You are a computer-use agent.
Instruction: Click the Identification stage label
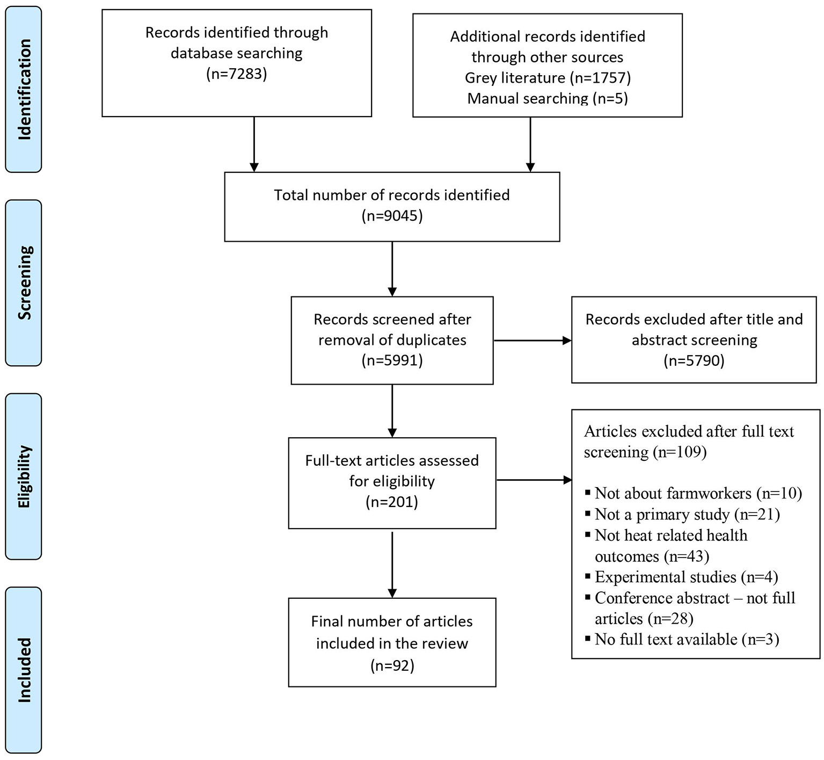24,89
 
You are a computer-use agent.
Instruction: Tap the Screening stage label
24,283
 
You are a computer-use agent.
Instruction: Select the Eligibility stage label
24,476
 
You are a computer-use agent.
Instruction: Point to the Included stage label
24,670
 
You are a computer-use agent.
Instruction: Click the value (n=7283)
236,74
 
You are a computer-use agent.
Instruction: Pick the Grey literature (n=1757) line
547,78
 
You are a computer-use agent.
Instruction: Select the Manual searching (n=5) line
547,98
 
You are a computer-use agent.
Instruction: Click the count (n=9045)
392,216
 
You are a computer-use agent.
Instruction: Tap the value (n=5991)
392,360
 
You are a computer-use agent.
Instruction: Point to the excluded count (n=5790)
694,360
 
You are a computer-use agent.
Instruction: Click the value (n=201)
392,502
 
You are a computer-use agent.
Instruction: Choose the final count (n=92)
392,665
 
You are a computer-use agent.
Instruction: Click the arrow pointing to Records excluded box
532,341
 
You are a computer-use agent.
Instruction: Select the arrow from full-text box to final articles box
392,564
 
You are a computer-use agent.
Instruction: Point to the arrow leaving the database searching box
254,144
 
